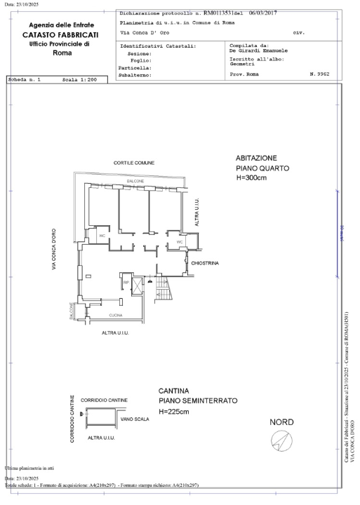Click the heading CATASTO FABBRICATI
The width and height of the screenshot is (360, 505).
coord(60,34)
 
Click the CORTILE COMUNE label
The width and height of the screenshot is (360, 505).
coord(134,163)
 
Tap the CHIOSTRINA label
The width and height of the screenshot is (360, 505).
coord(205,263)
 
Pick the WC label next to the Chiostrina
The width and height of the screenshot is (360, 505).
coord(180,242)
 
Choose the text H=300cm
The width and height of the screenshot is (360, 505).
coord(252,180)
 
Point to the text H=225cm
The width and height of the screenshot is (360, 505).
coord(173,412)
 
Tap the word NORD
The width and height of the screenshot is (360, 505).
coord(281,422)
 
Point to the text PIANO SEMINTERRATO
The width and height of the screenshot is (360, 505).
coord(197,400)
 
